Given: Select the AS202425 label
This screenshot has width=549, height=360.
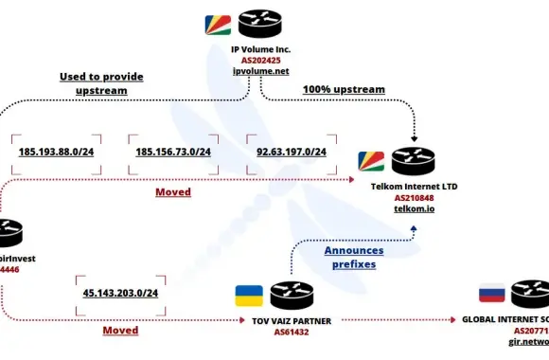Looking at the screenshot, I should point(260,59).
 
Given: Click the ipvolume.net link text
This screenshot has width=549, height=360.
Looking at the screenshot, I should point(260,70).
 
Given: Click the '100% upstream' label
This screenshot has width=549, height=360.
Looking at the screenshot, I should point(344,89).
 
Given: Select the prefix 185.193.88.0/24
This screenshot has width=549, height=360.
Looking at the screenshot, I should point(55,152).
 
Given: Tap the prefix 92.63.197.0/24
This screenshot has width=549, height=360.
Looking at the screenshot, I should point(292,152).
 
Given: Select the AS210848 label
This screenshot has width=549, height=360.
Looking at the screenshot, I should point(413,198).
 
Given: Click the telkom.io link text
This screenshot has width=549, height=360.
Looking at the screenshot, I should point(413,209).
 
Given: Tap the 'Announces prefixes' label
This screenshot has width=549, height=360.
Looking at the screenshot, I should point(355,258).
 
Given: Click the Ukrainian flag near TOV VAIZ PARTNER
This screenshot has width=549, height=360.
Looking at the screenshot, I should point(249,296).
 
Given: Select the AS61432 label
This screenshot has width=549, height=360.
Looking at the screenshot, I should point(293,333).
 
